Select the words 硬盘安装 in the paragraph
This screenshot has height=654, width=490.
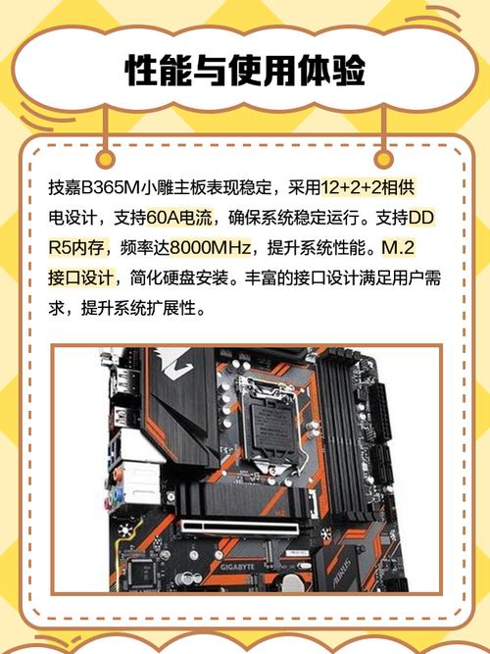coord(202,277)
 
